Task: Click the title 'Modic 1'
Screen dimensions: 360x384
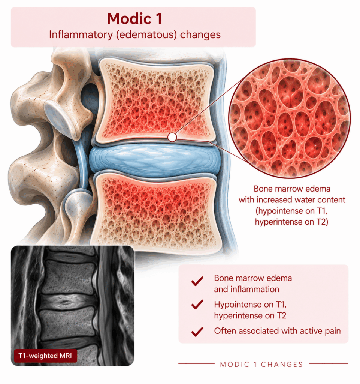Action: (134, 18)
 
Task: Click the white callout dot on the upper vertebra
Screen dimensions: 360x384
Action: (172, 137)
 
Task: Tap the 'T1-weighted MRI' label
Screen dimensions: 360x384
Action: (45, 355)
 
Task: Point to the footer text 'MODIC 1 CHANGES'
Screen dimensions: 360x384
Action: (261, 364)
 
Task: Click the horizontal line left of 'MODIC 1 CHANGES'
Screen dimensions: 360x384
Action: (196, 364)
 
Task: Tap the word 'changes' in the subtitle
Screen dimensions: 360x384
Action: (200, 35)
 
